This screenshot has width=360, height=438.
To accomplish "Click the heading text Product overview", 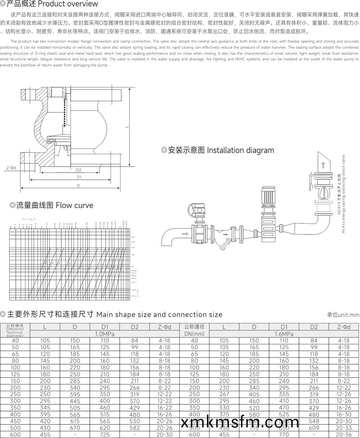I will pos(67,4).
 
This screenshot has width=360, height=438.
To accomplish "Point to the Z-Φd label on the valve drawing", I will pos(11,168).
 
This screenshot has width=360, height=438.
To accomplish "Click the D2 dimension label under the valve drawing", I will pos(78,170).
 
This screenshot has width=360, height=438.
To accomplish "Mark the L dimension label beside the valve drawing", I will pos(126,127).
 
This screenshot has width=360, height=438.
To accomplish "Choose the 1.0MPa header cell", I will pos(105,334).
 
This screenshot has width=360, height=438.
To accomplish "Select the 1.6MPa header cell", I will pos(284,334).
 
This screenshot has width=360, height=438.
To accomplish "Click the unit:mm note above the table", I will pos(343,315).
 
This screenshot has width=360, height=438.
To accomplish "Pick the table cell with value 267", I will pos(224,394).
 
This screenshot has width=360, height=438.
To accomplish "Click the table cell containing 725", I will pos(105,434).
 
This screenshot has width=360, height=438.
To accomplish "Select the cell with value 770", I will pos(284,434).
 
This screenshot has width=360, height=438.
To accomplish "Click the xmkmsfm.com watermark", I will pos(240,422).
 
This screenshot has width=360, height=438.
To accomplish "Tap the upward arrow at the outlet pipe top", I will pos(323,165).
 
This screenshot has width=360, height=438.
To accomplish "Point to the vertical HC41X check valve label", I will pos(341,193).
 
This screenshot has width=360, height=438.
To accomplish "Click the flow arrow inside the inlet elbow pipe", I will pos(185,234).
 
